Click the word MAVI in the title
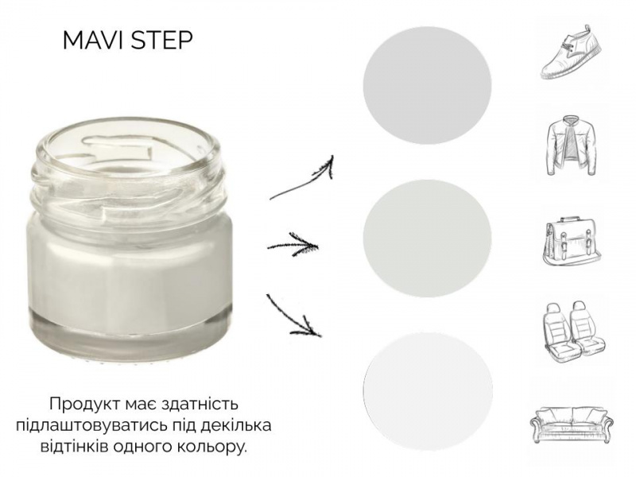tap(91, 41)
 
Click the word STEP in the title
tap(161, 41)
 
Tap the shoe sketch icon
tap(571, 52)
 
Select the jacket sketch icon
tap(571, 145)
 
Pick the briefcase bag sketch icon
tap(572, 242)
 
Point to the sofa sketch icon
tap(572, 422)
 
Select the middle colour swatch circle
tap(427, 238)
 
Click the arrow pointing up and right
tap(302, 177)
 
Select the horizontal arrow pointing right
tap(293, 245)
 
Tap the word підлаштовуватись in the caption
tap(92, 426)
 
